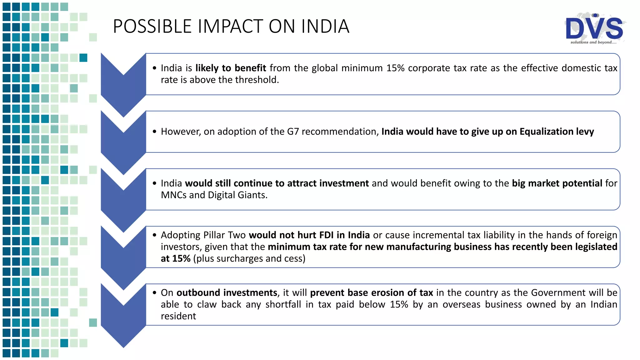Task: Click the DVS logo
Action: tap(594, 28)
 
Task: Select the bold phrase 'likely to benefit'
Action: tap(231, 68)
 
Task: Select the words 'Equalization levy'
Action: tap(557, 132)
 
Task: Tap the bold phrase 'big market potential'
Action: tap(557, 183)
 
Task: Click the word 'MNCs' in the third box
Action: tap(174, 195)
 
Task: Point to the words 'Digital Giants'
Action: tap(237, 195)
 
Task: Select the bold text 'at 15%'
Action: tap(176, 259)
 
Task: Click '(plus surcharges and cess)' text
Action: tap(249, 259)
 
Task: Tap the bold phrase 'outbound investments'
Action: tap(227, 293)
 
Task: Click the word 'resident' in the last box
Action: tap(178, 316)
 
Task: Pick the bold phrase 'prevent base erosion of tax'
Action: tap(371, 293)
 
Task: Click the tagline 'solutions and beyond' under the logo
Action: tap(593, 42)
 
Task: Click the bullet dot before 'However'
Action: tap(154, 132)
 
